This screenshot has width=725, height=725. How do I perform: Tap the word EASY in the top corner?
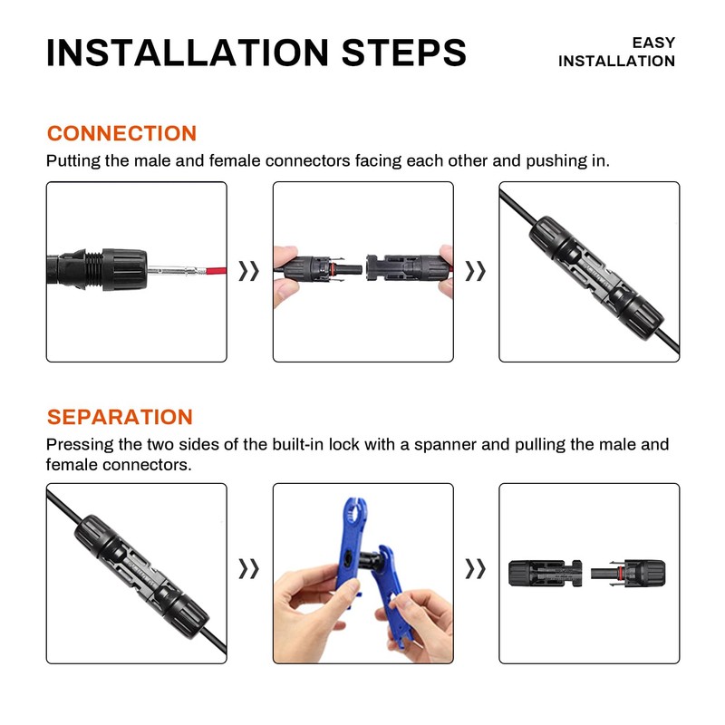[x=653, y=43]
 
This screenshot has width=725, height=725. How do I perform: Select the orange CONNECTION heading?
[x=121, y=133]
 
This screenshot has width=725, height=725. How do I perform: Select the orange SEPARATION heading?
[x=120, y=417]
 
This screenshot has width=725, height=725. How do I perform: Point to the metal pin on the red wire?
[x=171, y=269]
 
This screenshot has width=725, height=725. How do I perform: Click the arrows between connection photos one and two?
[x=249, y=271]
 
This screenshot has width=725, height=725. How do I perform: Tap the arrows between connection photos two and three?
[x=476, y=271]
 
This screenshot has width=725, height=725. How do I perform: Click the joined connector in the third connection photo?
[x=589, y=272]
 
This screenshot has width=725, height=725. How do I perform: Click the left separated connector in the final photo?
[x=541, y=572]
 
